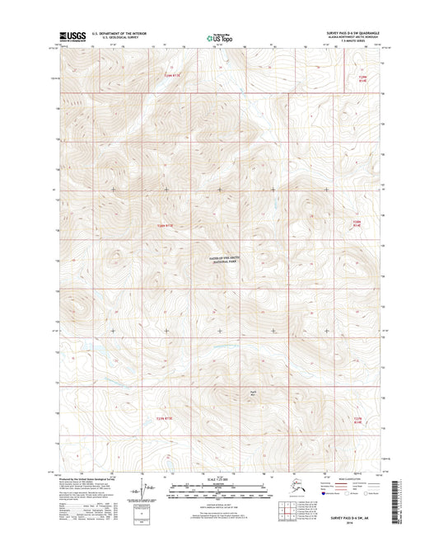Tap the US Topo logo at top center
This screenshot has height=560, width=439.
click(x=218, y=37)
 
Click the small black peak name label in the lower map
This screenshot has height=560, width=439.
click(x=254, y=393)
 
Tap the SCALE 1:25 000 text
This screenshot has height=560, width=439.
click(x=219, y=481)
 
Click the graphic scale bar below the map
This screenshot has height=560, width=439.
click(x=219, y=493)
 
